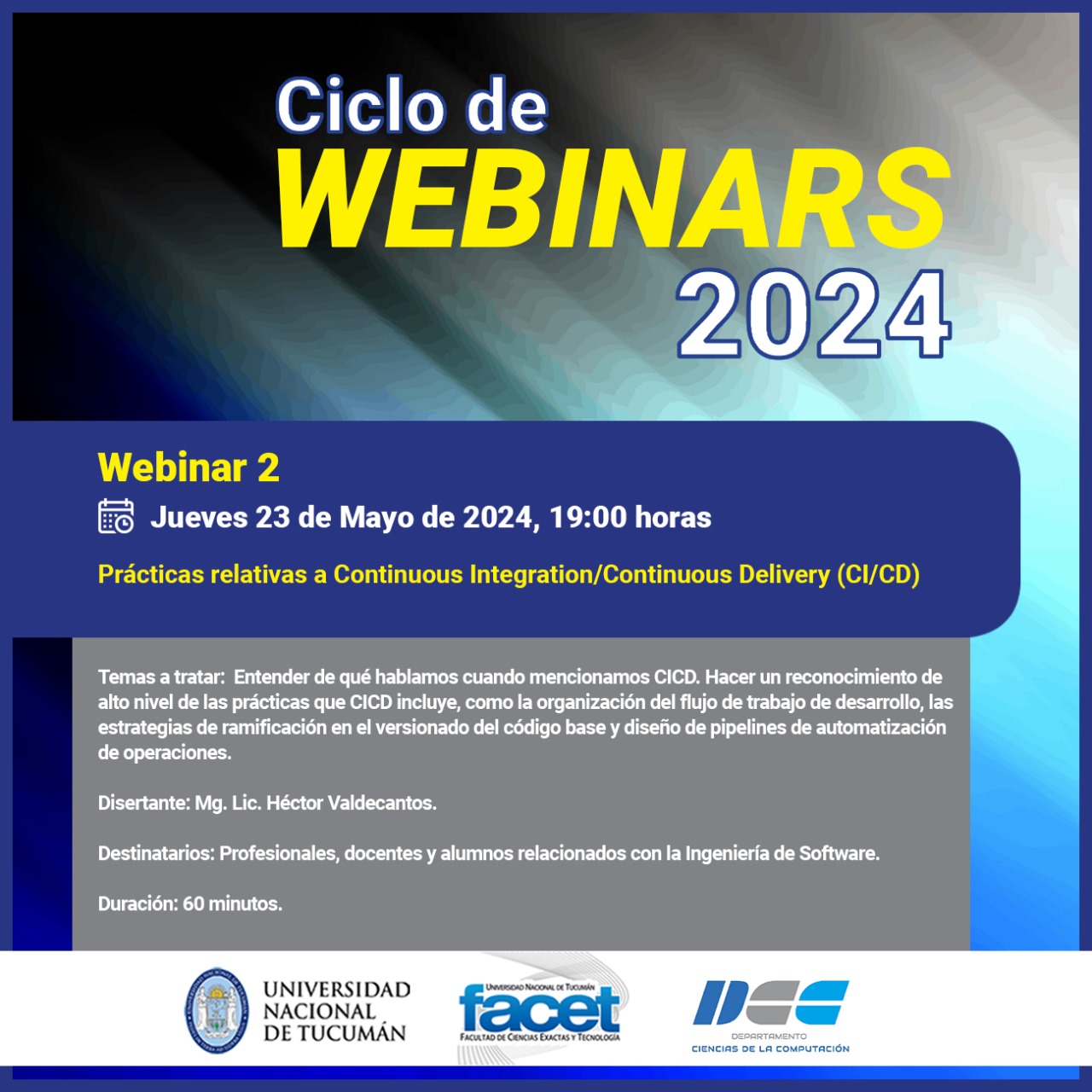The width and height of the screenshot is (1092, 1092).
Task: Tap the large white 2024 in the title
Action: coord(813,314)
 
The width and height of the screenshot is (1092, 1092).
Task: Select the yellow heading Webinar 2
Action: coord(189,468)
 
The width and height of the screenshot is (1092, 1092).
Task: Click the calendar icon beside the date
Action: coord(116,516)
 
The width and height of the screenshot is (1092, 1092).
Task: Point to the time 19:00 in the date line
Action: coord(588,517)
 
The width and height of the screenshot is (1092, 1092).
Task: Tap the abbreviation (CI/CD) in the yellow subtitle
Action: coord(879,575)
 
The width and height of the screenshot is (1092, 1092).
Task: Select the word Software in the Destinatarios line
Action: coord(839,853)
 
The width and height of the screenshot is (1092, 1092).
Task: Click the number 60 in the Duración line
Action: coord(194,903)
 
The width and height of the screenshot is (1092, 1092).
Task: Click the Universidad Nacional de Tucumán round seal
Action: coord(217,1010)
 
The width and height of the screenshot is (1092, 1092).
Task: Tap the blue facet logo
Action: coord(539,1009)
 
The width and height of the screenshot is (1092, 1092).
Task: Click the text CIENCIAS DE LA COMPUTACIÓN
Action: coord(770,1049)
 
